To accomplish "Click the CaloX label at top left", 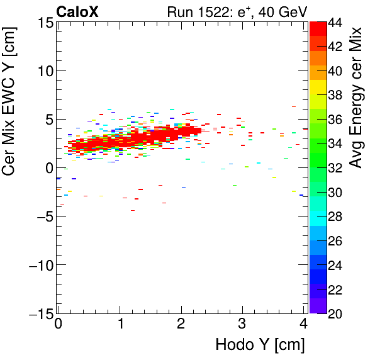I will click(77, 11).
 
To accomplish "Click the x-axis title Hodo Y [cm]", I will click(260, 346).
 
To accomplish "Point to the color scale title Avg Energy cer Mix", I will click(357, 98).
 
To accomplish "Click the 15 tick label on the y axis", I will click(45, 23).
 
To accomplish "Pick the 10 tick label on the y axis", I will click(45, 71).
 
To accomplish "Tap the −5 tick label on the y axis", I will click(41, 217).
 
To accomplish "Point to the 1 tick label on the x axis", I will click(120, 324).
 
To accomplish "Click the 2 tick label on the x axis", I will click(181, 324).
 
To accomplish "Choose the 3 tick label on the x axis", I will click(242, 324).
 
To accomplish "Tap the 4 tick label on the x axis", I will click(303, 324).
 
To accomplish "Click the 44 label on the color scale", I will click(335, 23).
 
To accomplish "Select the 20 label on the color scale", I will click(335, 313).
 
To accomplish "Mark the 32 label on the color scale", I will click(335, 168).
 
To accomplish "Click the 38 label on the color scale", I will click(335, 96).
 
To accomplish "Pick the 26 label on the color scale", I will click(335, 241).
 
